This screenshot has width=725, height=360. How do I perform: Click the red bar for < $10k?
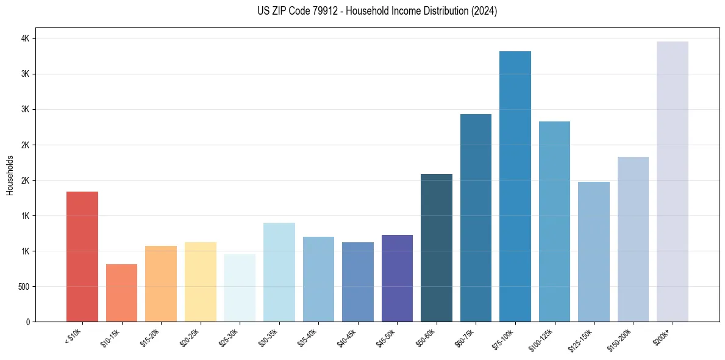(x=82, y=256)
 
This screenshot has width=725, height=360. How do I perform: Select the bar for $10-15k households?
(x=121, y=293)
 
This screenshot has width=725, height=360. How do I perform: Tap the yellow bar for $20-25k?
(x=201, y=282)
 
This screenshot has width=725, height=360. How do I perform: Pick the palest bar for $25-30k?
(x=240, y=288)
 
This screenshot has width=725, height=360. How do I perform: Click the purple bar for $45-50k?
(x=397, y=278)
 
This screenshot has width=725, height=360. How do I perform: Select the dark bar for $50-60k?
(x=437, y=248)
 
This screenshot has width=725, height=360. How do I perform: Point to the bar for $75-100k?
(x=515, y=186)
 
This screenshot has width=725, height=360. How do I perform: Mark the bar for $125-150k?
(x=594, y=251)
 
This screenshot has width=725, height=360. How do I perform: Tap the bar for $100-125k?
(x=554, y=221)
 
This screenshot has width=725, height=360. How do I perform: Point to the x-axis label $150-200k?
(x=621, y=339)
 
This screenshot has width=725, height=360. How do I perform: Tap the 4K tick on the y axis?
(x=26, y=38)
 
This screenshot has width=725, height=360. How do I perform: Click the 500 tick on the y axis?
(x=24, y=286)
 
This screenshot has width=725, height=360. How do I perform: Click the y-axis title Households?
(x=10, y=175)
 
